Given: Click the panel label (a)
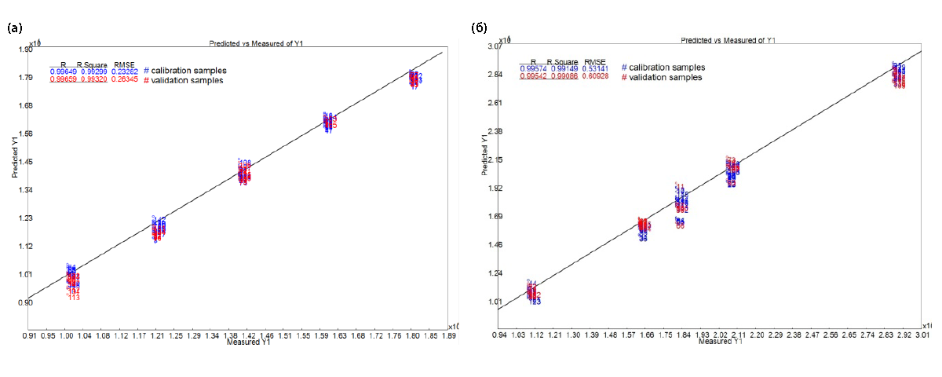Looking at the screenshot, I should click(x=14, y=28).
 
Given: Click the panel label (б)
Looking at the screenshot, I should click(x=478, y=28).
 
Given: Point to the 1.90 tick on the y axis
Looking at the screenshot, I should click(x=25, y=49).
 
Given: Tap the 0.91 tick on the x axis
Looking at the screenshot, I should click(x=29, y=335).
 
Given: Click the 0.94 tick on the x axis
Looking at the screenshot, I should click(x=499, y=335).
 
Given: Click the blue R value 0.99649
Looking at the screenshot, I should click(x=63, y=71).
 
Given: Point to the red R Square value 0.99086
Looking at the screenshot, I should click(x=563, y=77).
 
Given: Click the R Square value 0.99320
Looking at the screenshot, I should click(x=93, y=79).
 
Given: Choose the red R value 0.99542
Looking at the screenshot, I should click(x=532, y=77).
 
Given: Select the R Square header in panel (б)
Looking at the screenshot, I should click(x=563, y=61).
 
